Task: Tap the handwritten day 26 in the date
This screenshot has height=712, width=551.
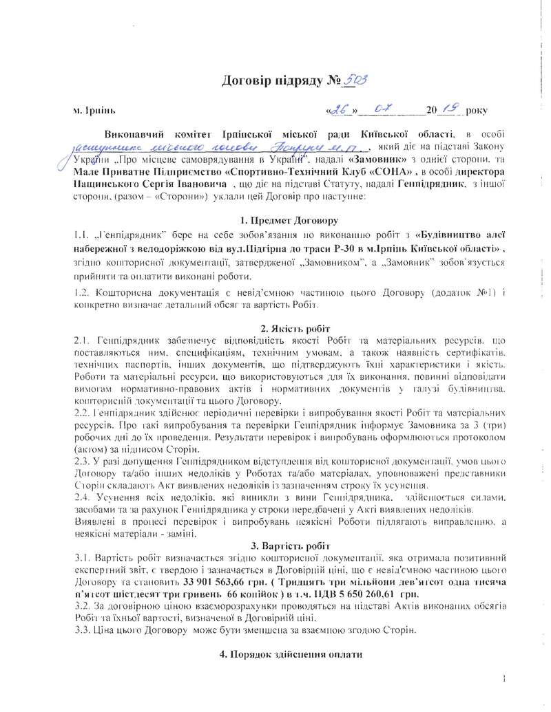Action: coord(339,109)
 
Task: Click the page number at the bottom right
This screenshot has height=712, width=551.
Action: coord(505,680)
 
